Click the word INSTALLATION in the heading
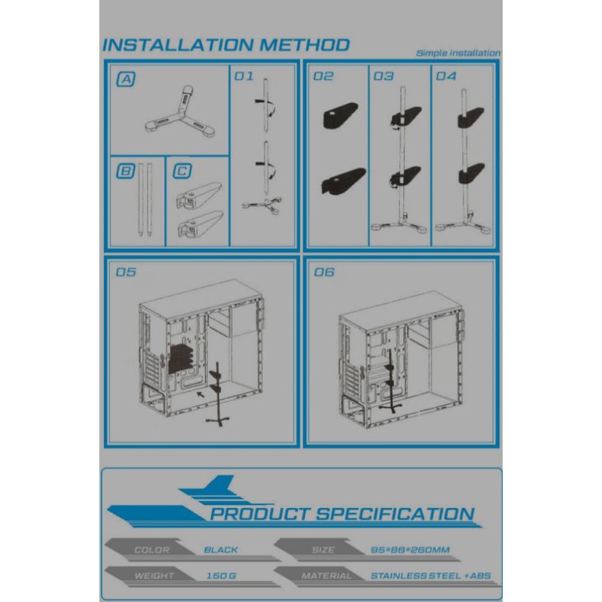point(178,45)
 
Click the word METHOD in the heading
point(305,45)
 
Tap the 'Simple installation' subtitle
point(458,53)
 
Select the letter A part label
point(126,80)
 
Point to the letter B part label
point(126,172)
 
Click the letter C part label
point(182,172)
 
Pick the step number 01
point(244,77)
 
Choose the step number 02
point(324,77)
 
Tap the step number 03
point(384,77)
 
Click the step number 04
point(446,77)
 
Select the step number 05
point(126,272)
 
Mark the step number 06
point(324,272)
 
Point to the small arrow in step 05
point(200,395)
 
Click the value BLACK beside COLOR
point(221,550)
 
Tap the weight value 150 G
point(221,576)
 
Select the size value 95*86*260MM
point(410,550)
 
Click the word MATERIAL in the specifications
point(327,576)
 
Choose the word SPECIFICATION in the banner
point(395,514)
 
